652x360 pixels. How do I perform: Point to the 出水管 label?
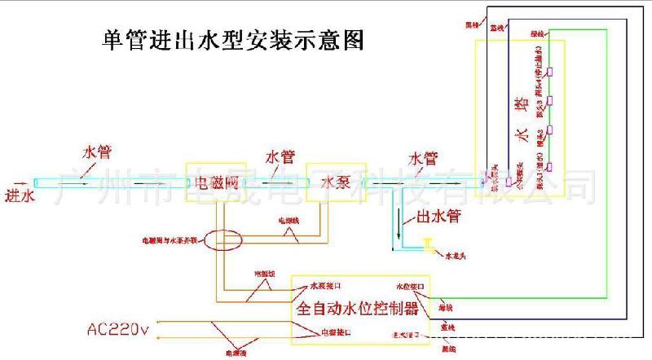pyautogui.click(x=434, y=217)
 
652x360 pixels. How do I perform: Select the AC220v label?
pyautogui.click(x=119, y=330)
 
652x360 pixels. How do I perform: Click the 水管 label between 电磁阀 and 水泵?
pyautogui.click(x=280, y=156)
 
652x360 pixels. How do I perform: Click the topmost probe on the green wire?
pyautogui.click(x=551, y=71)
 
